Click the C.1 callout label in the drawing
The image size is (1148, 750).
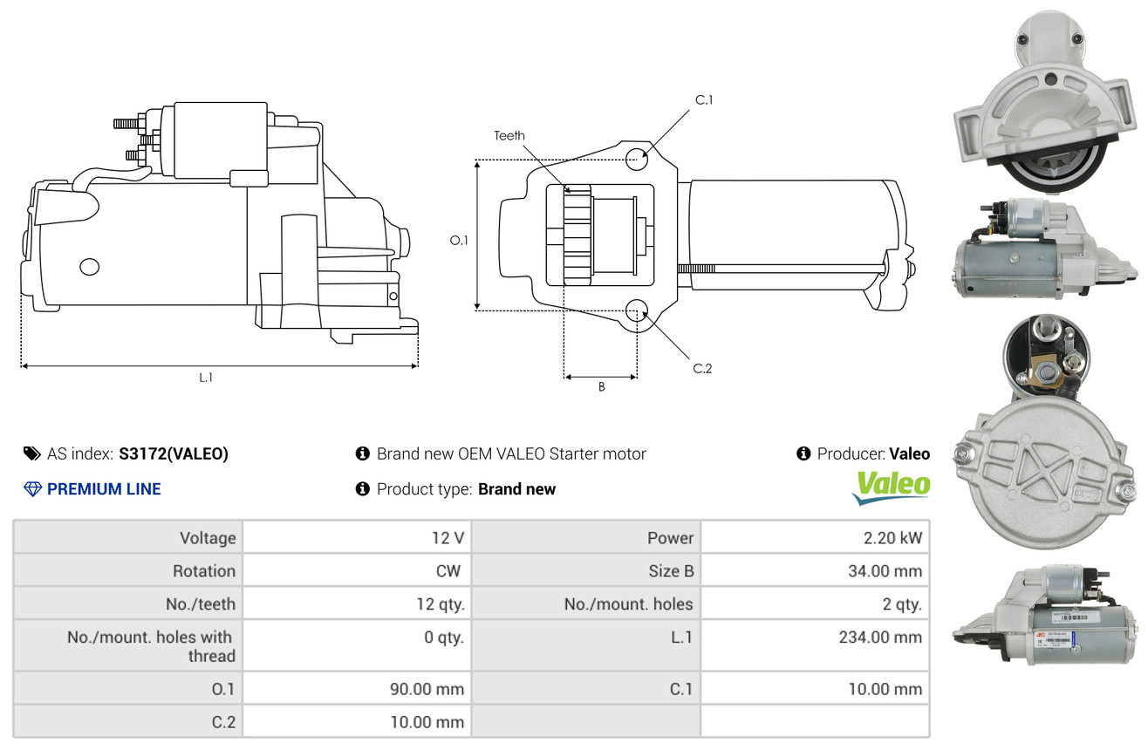704,100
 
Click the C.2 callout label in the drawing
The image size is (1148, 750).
702,368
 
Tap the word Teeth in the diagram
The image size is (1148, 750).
509,135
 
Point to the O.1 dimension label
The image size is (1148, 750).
459,240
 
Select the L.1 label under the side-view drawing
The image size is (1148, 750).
206,378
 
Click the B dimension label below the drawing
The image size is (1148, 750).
602,387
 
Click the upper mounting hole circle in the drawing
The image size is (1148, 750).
637,159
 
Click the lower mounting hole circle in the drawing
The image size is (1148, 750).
637,310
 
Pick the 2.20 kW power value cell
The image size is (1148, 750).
892,537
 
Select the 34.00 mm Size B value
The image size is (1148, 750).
885,570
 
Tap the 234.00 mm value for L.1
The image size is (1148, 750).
880,637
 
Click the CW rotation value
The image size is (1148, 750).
448,570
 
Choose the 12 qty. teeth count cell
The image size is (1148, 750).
441,604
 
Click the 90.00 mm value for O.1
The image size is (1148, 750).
427,689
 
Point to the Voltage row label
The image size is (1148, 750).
208,537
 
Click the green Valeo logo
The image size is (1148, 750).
892,487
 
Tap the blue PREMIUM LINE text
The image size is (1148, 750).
104,488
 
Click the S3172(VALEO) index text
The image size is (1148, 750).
174,453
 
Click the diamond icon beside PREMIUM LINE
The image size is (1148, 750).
32,488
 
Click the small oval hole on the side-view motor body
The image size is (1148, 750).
90,266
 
